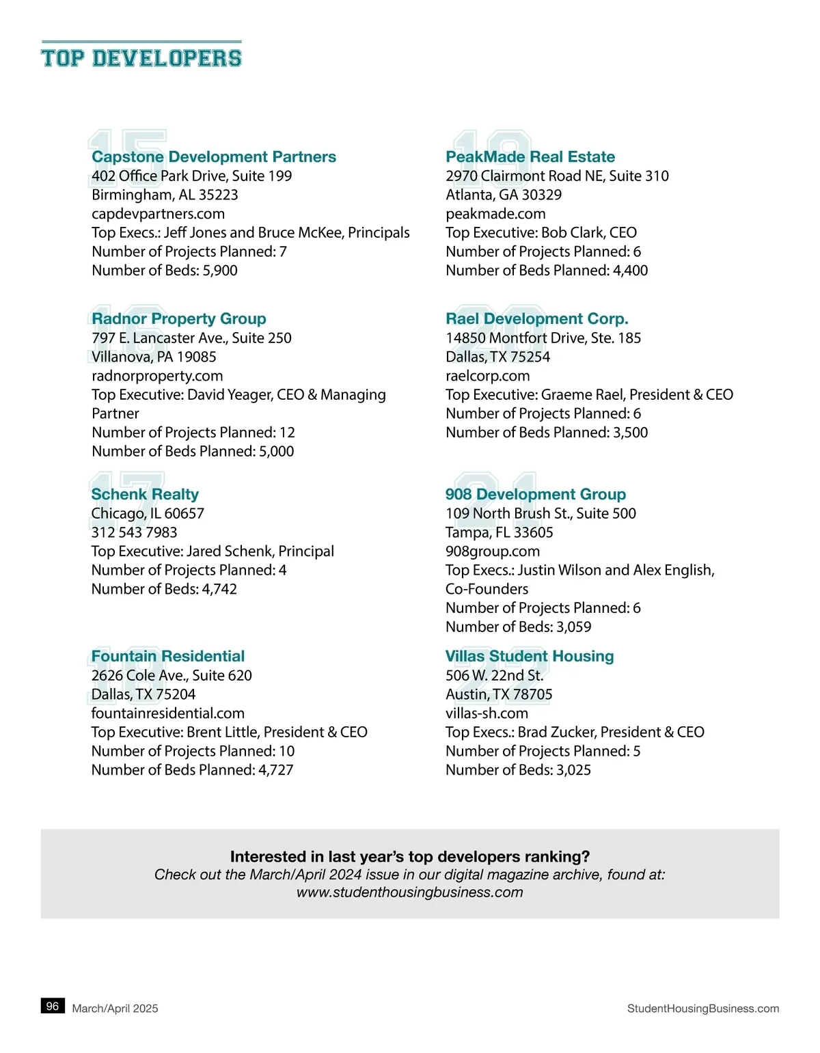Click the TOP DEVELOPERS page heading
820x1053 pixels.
pos(141,58)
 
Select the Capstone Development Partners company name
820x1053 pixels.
pos(214,157)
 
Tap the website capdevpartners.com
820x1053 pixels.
pos(158,214)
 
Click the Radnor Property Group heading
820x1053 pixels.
pos(179,319)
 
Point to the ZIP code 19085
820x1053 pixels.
pos(197,357)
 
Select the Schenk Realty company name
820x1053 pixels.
pos(145,495)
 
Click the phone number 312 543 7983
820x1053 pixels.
pos(134,532)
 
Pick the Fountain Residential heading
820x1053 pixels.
pos(168,657)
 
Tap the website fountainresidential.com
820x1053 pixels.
pos(168,713)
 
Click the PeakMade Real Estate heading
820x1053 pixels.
pos(530,157)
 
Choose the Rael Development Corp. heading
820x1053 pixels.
pos(537,319)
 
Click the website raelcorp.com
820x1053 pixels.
pos(488,376)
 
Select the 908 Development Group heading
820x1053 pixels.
pos(536,495)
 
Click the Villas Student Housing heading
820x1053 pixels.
pos(530,657)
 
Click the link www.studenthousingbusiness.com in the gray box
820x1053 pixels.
pos(410,892)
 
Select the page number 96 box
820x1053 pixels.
pos(53,1007)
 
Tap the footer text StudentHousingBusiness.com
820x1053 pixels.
pos(703,1009)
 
